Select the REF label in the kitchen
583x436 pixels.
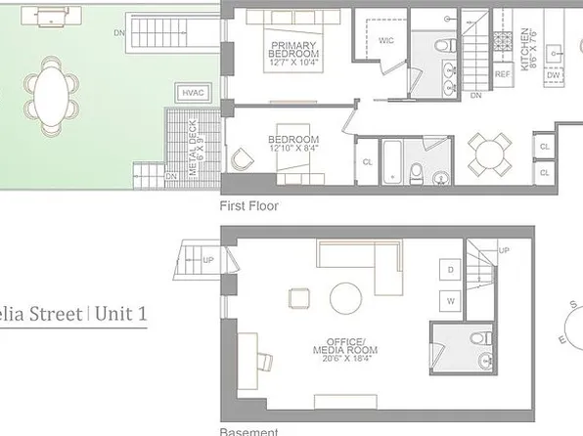coord(502,74)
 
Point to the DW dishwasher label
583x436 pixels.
coord(553,74)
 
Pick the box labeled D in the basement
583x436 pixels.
coord(452,269)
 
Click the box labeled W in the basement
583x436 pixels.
coord(452,300)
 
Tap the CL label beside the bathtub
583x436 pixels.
coord(367,162)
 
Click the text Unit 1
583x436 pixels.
coord(123,315)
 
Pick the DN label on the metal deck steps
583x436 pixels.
coord(171,176)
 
